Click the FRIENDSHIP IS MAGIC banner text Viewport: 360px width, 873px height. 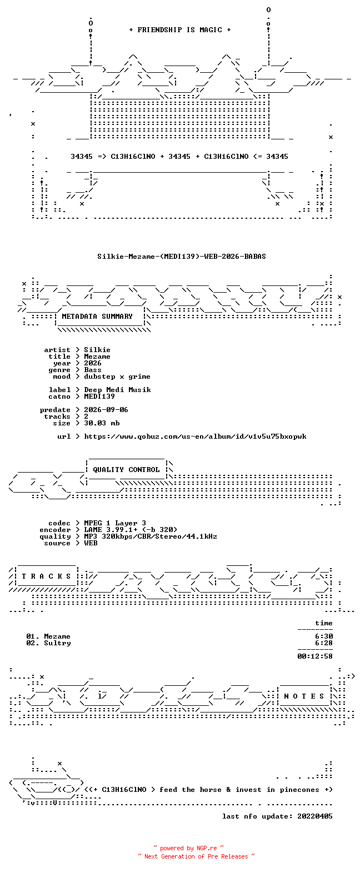click(x=180, y=29)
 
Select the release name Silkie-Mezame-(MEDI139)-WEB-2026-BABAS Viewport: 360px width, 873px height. click(x=181, y=257)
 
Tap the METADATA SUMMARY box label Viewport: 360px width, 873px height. click(x=97, y=317)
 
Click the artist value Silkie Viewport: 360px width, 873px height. click(x=97, y=350)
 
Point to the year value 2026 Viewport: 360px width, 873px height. click(x=93, y=363)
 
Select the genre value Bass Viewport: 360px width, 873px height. click(x=93, y=370)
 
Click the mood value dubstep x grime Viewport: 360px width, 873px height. click(x=117, y=377)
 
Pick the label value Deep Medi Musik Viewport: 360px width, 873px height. click(x=117, y=390)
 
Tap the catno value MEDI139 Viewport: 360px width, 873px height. click(x=99, y=397)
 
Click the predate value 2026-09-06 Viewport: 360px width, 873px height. click(x=106, y=410)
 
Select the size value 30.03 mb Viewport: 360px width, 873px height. click(x=102, y=423)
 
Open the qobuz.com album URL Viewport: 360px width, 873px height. click(x=195, y=436)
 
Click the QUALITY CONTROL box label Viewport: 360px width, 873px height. click(x=126, y=470)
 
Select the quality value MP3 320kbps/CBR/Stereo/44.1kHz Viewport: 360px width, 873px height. click(x=151, y=536)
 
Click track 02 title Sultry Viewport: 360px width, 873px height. click(x=57, y=643)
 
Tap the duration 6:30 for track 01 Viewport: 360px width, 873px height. click(x=324, y=636)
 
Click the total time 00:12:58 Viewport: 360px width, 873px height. click(x=315, y=656)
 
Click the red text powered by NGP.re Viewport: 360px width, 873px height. click(x=188, y=848)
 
